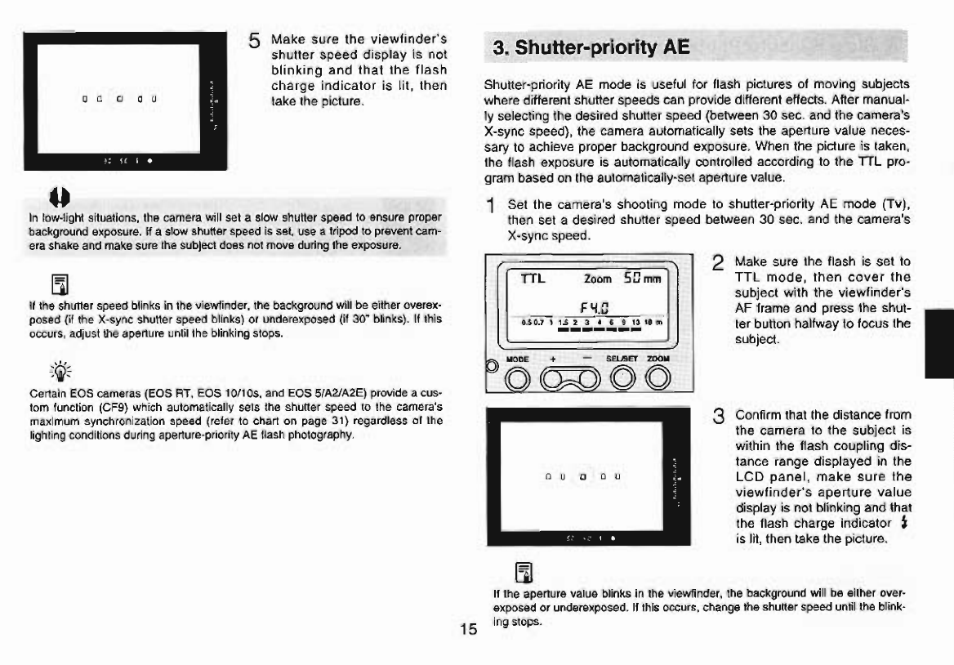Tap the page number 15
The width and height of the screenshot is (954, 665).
point(468,629)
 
